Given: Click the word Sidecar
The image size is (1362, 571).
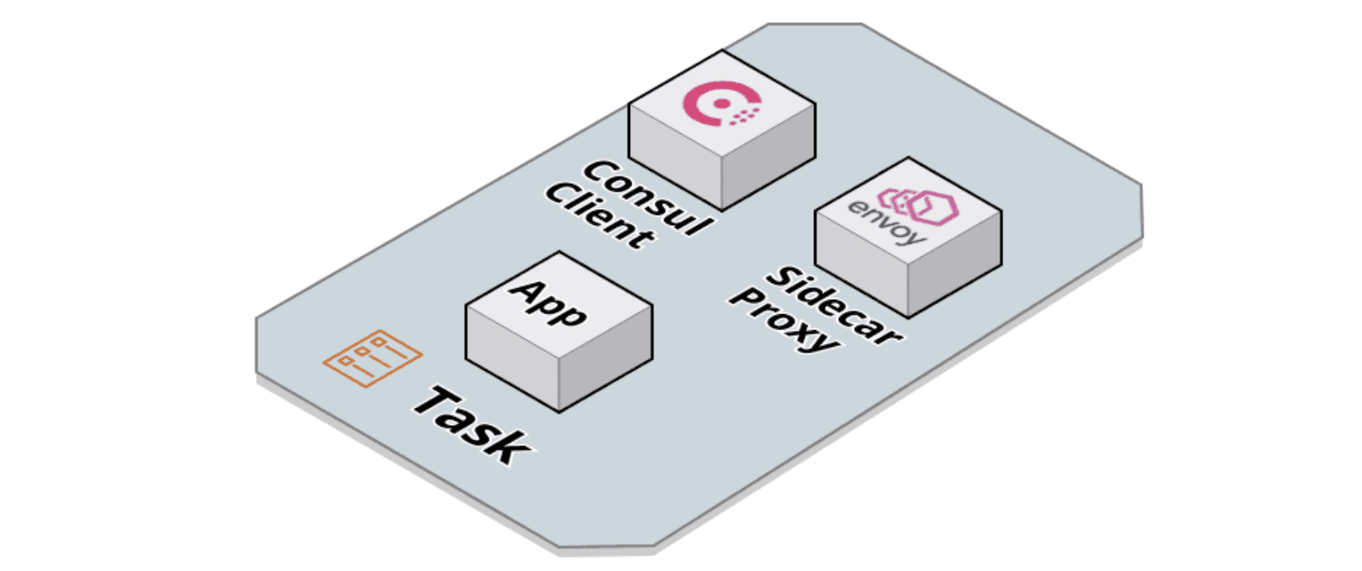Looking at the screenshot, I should (833, 306).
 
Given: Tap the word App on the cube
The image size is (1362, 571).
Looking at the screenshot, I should (550, 302).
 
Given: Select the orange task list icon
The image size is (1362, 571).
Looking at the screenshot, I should (372, 358).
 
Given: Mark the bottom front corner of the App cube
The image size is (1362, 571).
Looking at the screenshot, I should (559, 412).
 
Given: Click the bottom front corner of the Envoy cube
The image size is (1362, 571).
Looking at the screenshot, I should (908, 317).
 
